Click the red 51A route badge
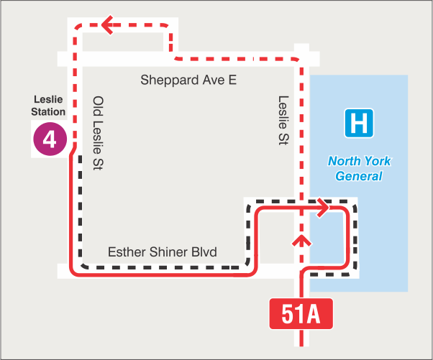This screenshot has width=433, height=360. point(301,315)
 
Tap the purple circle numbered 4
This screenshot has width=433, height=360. point(50,139)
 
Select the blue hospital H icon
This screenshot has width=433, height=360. point(359,123)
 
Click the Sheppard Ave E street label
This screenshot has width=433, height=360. point(188,79)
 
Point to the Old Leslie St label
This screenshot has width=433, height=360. point(99,134)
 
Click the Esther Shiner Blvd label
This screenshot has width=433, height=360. point(163,252)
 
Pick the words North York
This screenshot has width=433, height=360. point(359,161)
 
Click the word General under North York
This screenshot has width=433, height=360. point(359,176)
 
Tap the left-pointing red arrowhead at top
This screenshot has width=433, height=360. point(109,26)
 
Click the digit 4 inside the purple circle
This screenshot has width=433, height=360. point(50,139)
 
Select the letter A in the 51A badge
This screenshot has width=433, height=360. point(314,315)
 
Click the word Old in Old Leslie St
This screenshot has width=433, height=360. point(99,106)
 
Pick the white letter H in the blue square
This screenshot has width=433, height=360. point(359,123)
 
